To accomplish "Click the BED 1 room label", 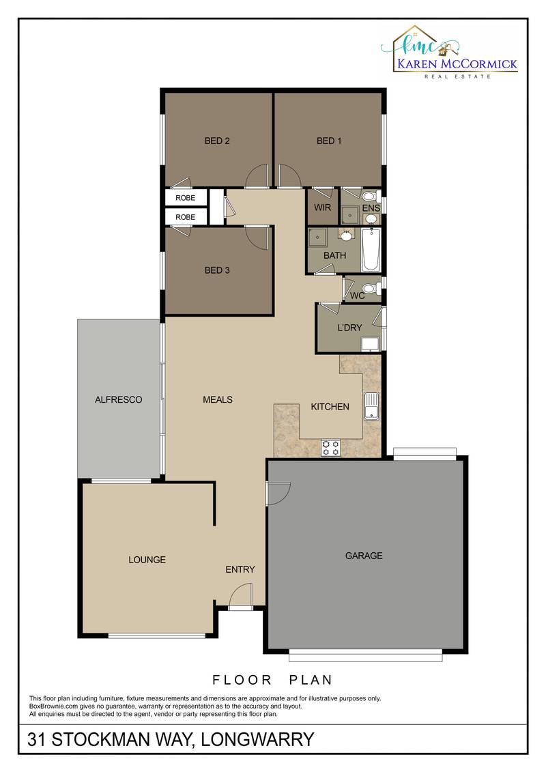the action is [x=329, y=141].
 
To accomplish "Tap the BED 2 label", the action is [x=217, y=141].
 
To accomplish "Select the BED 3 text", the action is [x=217, y=270].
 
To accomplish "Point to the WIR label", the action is [x=322, y=208].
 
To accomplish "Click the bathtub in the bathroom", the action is [x=371, y=250].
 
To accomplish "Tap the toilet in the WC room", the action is [x=371, y=288].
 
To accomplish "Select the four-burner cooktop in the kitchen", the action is [x=330, y=448].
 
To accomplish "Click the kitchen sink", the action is [x=371, y=406].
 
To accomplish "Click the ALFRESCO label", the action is [x=118, y=400].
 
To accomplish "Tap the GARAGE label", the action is [x=364, y=556].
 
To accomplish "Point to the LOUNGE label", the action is [x=147, y=560].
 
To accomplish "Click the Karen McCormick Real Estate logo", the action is [x=448, y=52].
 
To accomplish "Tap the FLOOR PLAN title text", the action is [x=272, y=680].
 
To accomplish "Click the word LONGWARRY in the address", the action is [x=257, y=739].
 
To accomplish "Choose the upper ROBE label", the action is [x=185, y=198].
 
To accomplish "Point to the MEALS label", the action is [x=218, y=400].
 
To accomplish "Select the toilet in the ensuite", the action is [x=371, y=196].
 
